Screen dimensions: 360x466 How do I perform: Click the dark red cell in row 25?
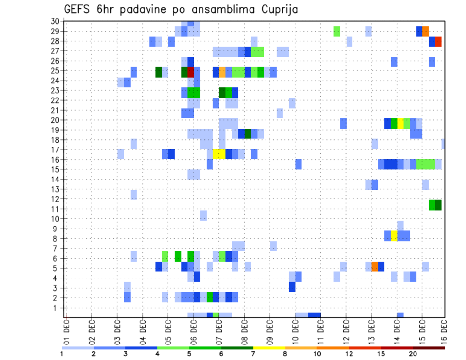191,72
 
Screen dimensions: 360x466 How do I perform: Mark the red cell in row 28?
438,42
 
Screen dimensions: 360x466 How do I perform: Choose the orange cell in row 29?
426,32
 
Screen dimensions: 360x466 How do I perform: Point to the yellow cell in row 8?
394,236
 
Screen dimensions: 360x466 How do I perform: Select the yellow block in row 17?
219,154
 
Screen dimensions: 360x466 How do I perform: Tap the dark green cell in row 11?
438,205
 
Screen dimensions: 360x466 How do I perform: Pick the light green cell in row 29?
337,32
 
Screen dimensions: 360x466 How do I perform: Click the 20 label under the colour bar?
413,354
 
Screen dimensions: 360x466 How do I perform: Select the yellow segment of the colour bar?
269,348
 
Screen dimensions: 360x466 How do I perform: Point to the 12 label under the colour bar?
349,354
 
